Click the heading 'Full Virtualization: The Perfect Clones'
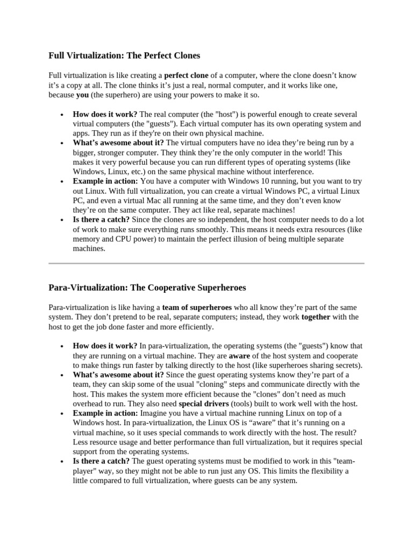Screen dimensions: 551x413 pyautogui.click(x=124, y=55)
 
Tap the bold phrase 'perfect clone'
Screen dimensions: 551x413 pyautogui.click(x=186, y=75)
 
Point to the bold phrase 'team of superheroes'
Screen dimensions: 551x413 pyautogui.click(x=197, y=307)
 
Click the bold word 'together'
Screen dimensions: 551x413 pyautogui.click(x=316, y=317)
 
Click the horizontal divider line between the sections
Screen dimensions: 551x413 pyautogui.click(x=206, y=263)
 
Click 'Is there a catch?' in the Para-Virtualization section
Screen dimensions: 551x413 pyautogui.click(x=101, y=461)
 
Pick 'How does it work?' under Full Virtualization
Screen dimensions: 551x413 pyautogui.click(x=105, y=114)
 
